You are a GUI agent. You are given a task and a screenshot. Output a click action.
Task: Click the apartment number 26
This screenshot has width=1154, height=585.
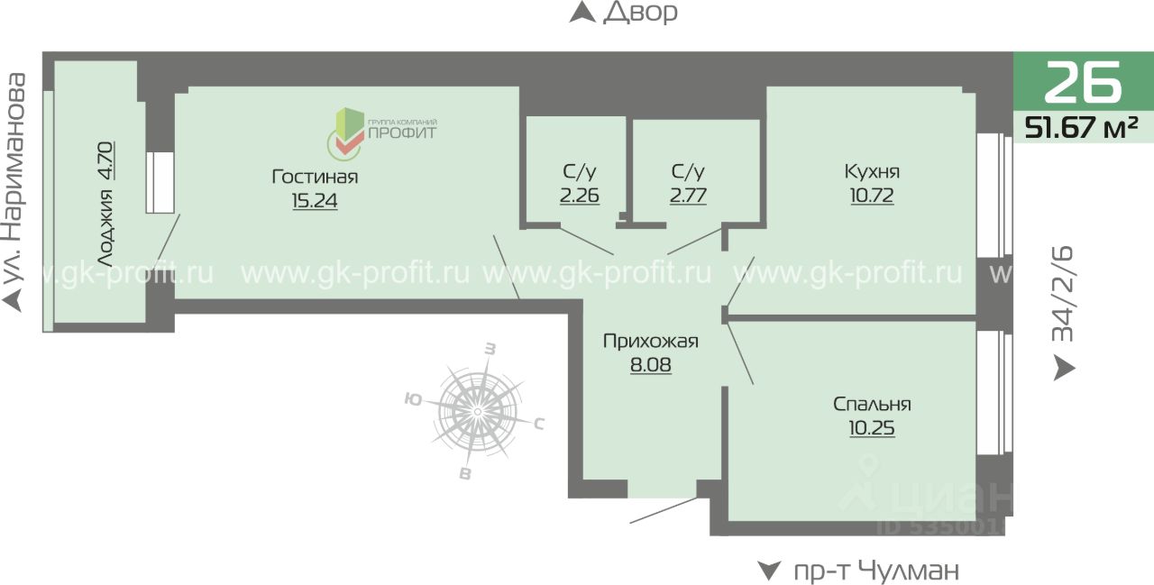[1083, 83]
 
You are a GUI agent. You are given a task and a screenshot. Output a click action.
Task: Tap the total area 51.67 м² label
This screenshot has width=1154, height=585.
[1082, 128]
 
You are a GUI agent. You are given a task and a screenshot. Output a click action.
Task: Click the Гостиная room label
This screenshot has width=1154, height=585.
[315, 177]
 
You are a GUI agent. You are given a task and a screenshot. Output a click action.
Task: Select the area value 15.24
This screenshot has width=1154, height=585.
[315, 201]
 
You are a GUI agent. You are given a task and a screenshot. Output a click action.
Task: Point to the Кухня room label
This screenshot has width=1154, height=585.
[872, 171]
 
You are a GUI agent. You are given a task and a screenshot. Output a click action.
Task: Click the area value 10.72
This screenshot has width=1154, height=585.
[872, 195]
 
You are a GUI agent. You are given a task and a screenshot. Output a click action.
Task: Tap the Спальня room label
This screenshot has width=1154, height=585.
[872, 405]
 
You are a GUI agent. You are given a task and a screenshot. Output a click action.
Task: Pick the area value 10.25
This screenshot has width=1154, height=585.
[872, 428]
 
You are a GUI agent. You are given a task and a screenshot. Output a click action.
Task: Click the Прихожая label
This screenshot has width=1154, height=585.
[650, 341]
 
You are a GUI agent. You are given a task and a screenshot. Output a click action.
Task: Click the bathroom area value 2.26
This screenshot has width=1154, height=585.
[580, 195]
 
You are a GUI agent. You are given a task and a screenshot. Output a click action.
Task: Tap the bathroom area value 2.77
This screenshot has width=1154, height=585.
[688, 195]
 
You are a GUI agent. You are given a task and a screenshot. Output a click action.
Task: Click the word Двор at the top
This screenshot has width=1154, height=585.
[639, 13]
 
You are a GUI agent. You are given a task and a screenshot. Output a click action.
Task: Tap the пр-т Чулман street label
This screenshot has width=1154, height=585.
[875, 571]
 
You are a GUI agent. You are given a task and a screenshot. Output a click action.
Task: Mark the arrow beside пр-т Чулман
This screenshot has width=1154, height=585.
[768, 571]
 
